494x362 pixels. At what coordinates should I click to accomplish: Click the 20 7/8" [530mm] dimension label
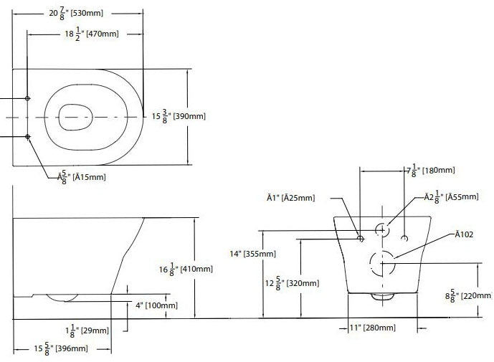pyautogui.click(x=76, y=13)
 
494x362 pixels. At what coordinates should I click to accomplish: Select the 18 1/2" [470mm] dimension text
pyautogui.click(x=92, y=34)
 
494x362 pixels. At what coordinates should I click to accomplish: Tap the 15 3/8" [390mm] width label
pyautogui.click(x=179, y=116)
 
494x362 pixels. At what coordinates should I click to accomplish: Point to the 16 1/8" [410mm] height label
pyautogui.click(x=186, y=270)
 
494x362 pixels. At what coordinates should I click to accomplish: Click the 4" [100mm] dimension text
pyautogui.click(x=156, y=305)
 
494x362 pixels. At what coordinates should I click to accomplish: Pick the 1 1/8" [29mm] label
pyautogui.click(x=87, y=330)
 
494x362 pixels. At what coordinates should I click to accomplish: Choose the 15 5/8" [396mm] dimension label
pyautogui.click(x=61, y=349)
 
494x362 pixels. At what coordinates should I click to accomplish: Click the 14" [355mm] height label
pyautogui.click(x=252, y=254)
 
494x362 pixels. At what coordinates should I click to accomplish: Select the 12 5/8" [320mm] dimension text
pyautogui.click(x=292, y=283)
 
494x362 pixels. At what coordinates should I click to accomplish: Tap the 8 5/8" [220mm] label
pyautogui.click(x=468, y=296)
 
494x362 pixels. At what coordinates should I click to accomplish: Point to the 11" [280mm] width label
pyautogui.click(x=372, y=328)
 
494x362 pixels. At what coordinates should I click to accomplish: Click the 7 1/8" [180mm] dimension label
pyautogui.click(x=431, y=171)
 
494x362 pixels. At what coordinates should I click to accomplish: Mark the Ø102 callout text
pyautogui.click(x=464, y=234)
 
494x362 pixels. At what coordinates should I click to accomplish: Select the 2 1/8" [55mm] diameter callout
pyautogui.click(x=451, y=197)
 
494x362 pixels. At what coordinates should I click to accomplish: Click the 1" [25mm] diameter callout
pyautogui.click(x=291, y=198)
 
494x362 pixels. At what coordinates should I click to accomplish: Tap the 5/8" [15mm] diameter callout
pyautogui.click(x=82, y=177)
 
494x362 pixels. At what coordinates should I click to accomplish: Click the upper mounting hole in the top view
pyautogui.click(x=27, y=98)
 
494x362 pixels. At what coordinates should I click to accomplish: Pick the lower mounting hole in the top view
pyautogui.click(x=28, y=136)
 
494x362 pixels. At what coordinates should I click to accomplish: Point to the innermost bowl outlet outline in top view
pyautogui.click(x=60, y=117)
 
